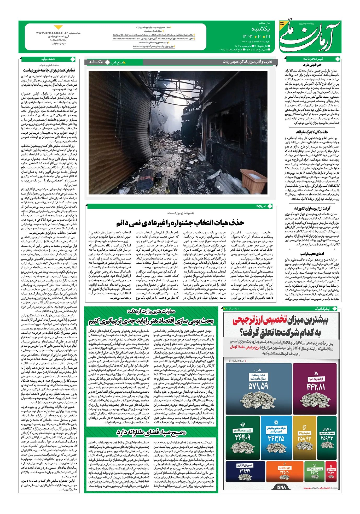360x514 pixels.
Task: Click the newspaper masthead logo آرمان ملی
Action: point(310,37)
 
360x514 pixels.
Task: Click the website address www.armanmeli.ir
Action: point(52,33)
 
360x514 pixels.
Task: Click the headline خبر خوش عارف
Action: point(312,65)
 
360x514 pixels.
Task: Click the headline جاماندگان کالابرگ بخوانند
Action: point(312,132)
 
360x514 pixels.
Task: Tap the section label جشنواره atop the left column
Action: point(48,59)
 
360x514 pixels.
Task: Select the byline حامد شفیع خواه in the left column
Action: point(49,65)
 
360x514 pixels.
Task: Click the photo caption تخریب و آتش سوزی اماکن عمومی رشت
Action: point(247,62)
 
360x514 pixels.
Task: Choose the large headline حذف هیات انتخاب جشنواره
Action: point(180,223)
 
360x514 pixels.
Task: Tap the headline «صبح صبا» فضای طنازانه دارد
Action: point(151,433)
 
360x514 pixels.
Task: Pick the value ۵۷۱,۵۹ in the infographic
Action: point(258,386)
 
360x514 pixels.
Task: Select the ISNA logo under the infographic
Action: point(281,487)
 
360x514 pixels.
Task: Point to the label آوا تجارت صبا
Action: point(316,379)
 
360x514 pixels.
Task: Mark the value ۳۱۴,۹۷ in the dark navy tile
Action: point(245,471)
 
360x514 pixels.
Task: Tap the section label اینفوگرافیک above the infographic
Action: point(322,309)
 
